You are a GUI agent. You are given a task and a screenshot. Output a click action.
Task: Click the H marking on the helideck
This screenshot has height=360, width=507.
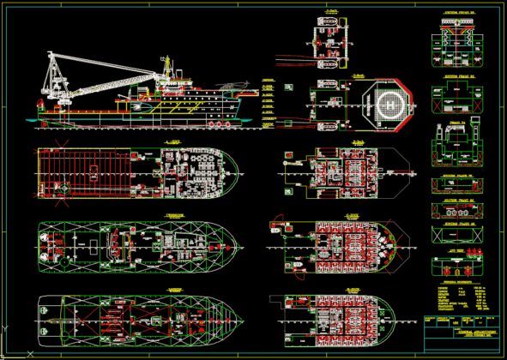coord(387,105)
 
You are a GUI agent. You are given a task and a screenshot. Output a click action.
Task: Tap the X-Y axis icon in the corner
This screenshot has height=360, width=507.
coord(7,329)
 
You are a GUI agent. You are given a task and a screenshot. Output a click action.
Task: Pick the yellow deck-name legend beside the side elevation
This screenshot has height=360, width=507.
coord(268,99)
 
